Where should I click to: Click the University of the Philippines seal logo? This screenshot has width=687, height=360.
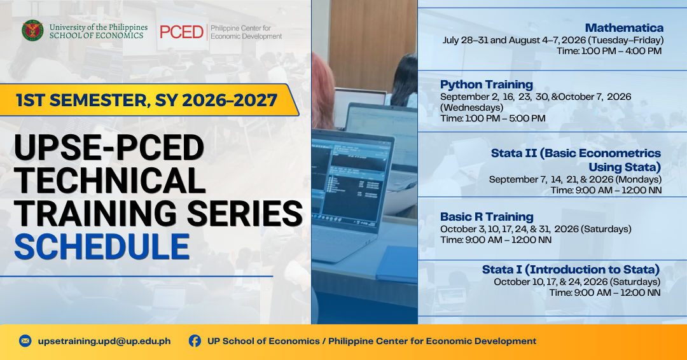(33, 31)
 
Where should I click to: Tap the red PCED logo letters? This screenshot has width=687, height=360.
(181, 32)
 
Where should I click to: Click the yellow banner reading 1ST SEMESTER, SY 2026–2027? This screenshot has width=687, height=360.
(149, 100)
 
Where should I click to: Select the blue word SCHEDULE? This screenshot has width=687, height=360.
(102, 247)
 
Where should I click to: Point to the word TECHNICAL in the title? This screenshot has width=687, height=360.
(109, 181)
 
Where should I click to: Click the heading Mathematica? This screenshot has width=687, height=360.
(624, 28)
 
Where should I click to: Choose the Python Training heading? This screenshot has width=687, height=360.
(487, 85)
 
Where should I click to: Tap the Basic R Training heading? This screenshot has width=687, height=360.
(487, 217)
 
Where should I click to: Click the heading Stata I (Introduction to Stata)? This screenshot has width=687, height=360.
(571, 269)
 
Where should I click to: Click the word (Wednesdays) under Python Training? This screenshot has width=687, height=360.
(472, 107)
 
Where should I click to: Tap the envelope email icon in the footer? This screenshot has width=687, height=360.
(25, 341)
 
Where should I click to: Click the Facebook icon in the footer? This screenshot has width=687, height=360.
(195, 341)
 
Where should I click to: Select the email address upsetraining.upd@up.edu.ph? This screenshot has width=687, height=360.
(104, 341)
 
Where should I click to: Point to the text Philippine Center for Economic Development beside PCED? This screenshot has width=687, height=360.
(246, 32)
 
